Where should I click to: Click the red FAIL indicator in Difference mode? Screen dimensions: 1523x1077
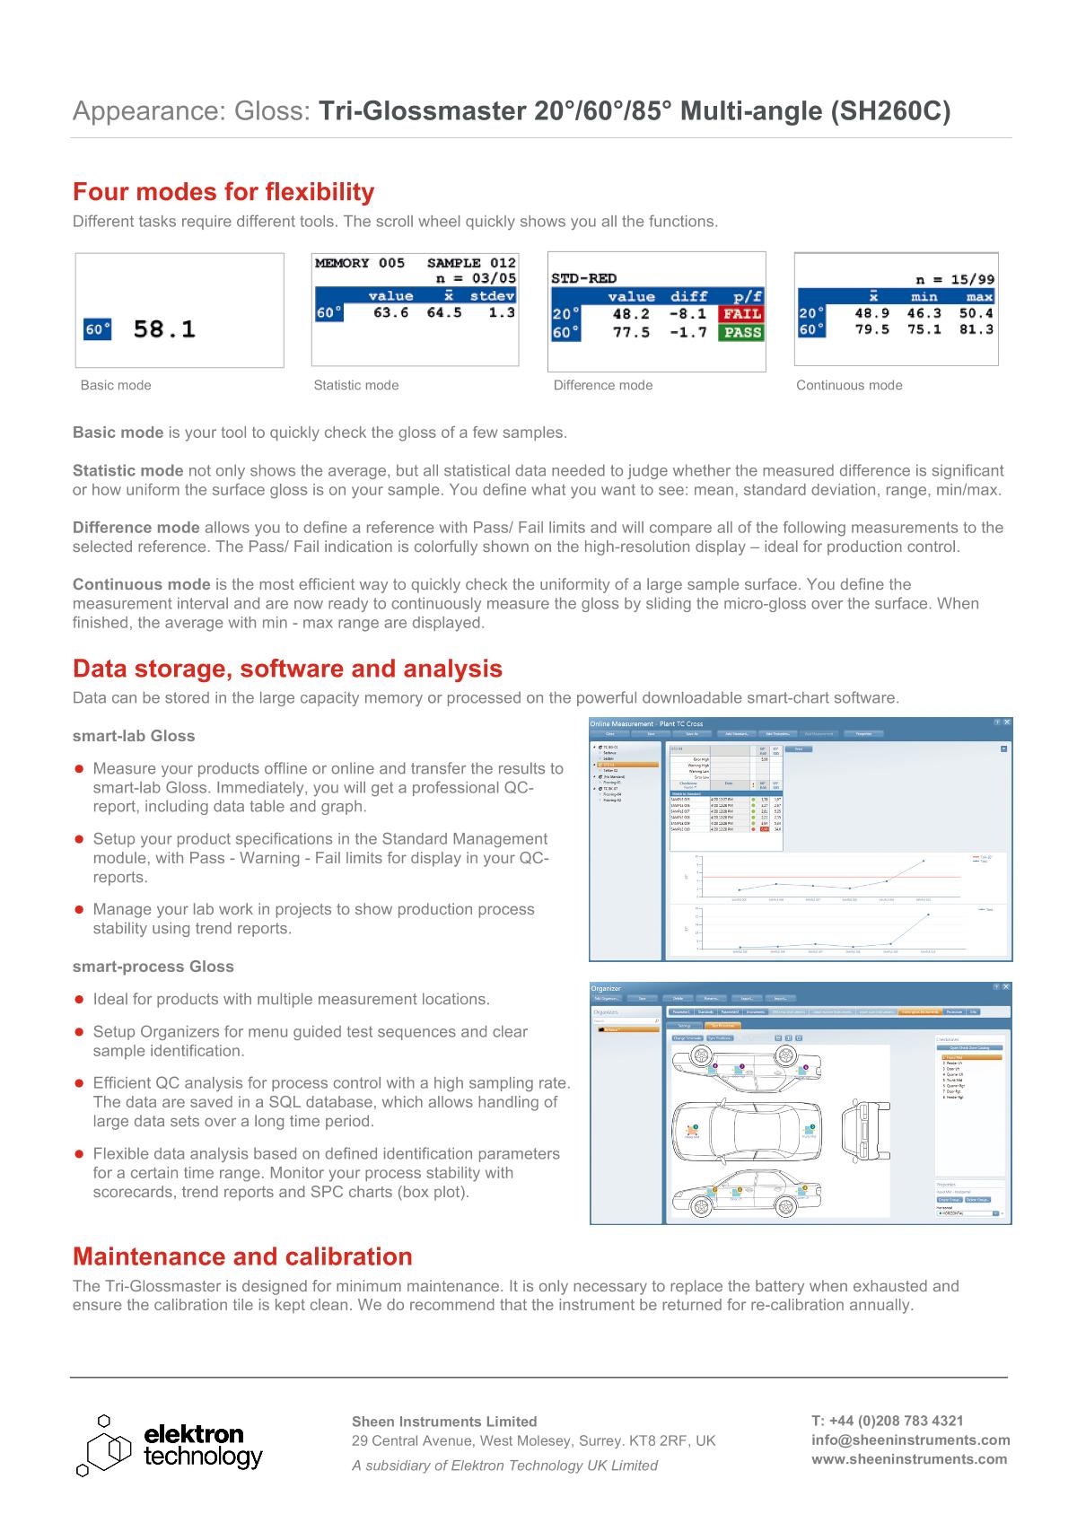tap(741, 314)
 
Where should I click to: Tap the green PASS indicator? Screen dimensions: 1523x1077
tap(741, 333)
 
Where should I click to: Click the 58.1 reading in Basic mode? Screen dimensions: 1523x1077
tap(164, 329)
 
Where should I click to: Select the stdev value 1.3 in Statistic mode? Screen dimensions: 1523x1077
tap(502, 312)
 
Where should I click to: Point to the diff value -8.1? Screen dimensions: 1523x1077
tap(687, 314)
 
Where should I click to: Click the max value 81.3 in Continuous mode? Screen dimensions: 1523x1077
tap(976, 329)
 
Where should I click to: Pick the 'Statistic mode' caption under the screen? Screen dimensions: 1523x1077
tap(356, 385)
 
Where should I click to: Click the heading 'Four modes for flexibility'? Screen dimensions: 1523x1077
tap(223, 192)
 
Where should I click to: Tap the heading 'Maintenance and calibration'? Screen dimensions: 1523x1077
tap(242, 1256)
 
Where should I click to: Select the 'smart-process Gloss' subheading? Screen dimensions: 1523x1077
tap(153, 967)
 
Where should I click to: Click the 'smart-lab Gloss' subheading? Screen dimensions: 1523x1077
tap(134, 736)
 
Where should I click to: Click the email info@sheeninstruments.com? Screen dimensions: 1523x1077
tap(910, 1440)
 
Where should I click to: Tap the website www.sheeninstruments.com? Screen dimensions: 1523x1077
tap(909, 1458)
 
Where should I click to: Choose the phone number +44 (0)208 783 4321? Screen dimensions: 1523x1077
tap(888, 1421)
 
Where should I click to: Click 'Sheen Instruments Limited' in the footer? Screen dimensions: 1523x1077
tap(444, 1422)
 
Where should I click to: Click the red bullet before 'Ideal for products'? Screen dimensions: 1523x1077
tap(79, 1000)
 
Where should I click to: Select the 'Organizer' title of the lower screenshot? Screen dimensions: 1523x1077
tap(606, 989)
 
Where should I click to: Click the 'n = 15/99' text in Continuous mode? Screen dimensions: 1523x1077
tap(955, 280)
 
